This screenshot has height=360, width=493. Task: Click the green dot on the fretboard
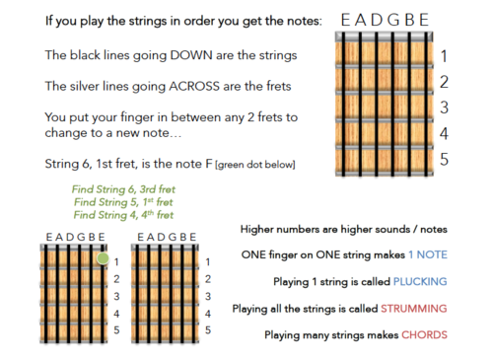(x=103, y=258)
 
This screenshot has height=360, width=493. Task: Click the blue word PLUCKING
(x=420, y=281)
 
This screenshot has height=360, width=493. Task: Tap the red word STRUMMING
(x=414, y=309)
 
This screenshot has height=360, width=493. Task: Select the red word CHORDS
(x=424, y=334)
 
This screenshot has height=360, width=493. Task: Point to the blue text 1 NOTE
(x=428, y=254)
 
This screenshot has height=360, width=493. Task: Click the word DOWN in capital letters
(x=191, y=55)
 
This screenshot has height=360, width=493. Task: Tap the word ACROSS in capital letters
(x=194, y=86)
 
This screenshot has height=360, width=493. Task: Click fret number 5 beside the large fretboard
(x=444, y=159)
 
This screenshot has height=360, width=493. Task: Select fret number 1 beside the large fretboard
(x=444, y=56)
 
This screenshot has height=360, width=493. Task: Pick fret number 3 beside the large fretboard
(x=444, y=108)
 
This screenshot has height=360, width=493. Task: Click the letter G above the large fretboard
(x=393, y=20)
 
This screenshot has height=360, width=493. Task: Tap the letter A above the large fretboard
(x=361, y=20)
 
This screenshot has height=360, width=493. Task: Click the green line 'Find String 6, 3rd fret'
(x=123, y=189)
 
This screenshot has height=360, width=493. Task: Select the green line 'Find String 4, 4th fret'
(x=123, y=215)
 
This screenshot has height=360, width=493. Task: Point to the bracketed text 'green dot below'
(x=255, y=165)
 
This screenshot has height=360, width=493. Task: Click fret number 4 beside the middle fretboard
(x=208, y=314)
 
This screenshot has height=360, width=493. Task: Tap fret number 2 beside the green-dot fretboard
(x=116, y=279)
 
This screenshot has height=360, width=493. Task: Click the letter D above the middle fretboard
(x=161, y=237)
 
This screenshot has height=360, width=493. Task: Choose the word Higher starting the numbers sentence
(x=257, y=230)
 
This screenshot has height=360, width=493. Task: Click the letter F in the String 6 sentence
(x=209, y=164)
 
